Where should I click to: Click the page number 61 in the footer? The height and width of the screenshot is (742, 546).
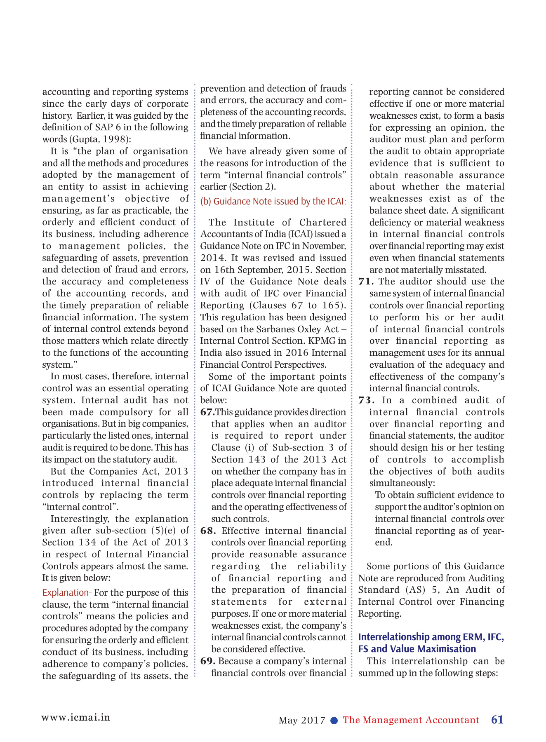(x=497, y=720)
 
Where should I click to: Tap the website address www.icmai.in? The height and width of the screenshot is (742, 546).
(x=75, y=717)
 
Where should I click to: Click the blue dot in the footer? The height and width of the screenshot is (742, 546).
(x=334, y=721)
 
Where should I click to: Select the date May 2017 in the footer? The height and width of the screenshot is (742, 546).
(x=302, y=721)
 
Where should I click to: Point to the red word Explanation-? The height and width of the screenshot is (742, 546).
(x=67, y=593)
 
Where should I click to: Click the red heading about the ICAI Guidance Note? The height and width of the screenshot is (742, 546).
(x=273, y=201)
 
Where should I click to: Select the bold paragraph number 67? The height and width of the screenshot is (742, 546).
(x=207, y=412)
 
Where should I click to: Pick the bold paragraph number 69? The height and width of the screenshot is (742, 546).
(x=207, y=661)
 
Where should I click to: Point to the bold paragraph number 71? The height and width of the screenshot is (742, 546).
(x=366, y=282)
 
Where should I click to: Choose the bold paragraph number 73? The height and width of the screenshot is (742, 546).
(x=366, y=400)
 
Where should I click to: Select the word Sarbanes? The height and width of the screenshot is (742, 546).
(x=273, y=329)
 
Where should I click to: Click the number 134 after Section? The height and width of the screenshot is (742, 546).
(x=87, y=542)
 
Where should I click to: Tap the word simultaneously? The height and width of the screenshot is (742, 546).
(x=402, y=483)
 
